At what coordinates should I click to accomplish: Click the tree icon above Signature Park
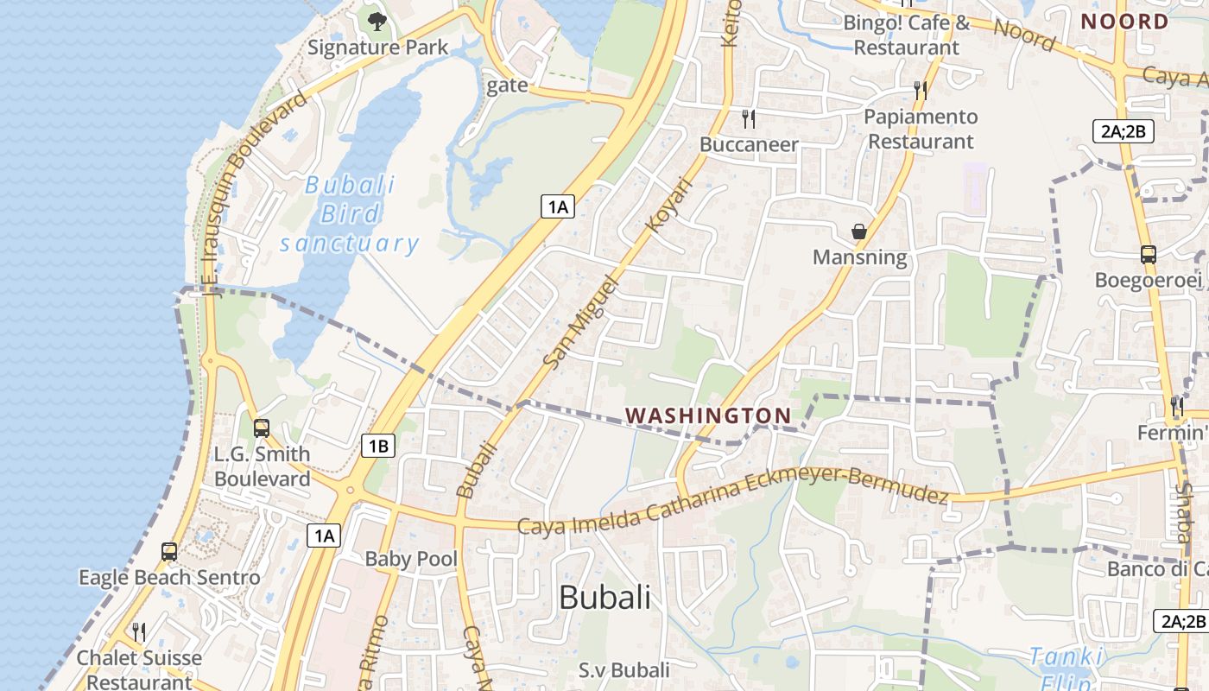point(377,21)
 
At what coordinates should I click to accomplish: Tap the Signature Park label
point(377,48)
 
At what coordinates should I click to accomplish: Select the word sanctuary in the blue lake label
point(349,244)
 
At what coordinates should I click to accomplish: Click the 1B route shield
point(377,446)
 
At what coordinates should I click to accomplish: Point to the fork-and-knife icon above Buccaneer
point(749,118)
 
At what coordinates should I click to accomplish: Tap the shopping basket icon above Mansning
point(859,231)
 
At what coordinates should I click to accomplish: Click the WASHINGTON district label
point(708,416)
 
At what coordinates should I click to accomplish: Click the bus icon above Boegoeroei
point(1149,254)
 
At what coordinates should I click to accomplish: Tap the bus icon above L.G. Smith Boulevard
point(261,428)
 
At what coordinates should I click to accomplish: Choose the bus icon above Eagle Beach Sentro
point(169,551)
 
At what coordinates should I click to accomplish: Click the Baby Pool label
point(411,559)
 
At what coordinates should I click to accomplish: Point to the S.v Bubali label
point(623,670)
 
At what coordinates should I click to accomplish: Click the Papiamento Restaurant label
point(921,129)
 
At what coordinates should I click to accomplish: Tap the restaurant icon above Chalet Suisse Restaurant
point(138,632)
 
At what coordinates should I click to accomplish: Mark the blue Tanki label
point(1067,658)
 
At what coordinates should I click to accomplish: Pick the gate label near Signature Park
point(507,85)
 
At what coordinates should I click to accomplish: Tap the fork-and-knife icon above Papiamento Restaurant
point(921,90)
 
